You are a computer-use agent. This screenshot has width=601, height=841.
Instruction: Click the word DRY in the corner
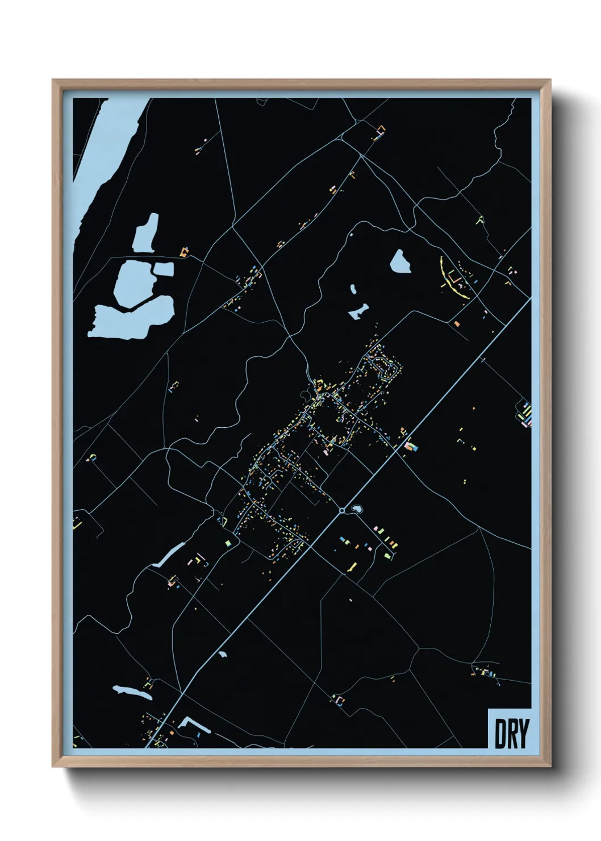[x=511, y=734]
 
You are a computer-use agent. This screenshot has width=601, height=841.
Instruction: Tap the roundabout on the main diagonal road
[x=342, y=511]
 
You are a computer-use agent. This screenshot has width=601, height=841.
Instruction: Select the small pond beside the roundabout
[x=357, y=509]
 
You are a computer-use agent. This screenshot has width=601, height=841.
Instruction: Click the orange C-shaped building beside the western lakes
[x=183, y=252]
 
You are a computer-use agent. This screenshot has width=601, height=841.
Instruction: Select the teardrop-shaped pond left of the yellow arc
[x=400, y=261]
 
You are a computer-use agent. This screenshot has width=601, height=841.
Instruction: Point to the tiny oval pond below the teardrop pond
[x=353, y=289]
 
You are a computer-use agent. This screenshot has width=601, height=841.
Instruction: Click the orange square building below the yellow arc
[x=457, y=324]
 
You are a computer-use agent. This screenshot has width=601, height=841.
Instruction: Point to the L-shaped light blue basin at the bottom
[x=191, y=724]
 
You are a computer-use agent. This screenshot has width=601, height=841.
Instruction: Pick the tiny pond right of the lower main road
[x=223, y=655]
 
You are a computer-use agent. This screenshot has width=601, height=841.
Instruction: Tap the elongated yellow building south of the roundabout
[x=352, y=567]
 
